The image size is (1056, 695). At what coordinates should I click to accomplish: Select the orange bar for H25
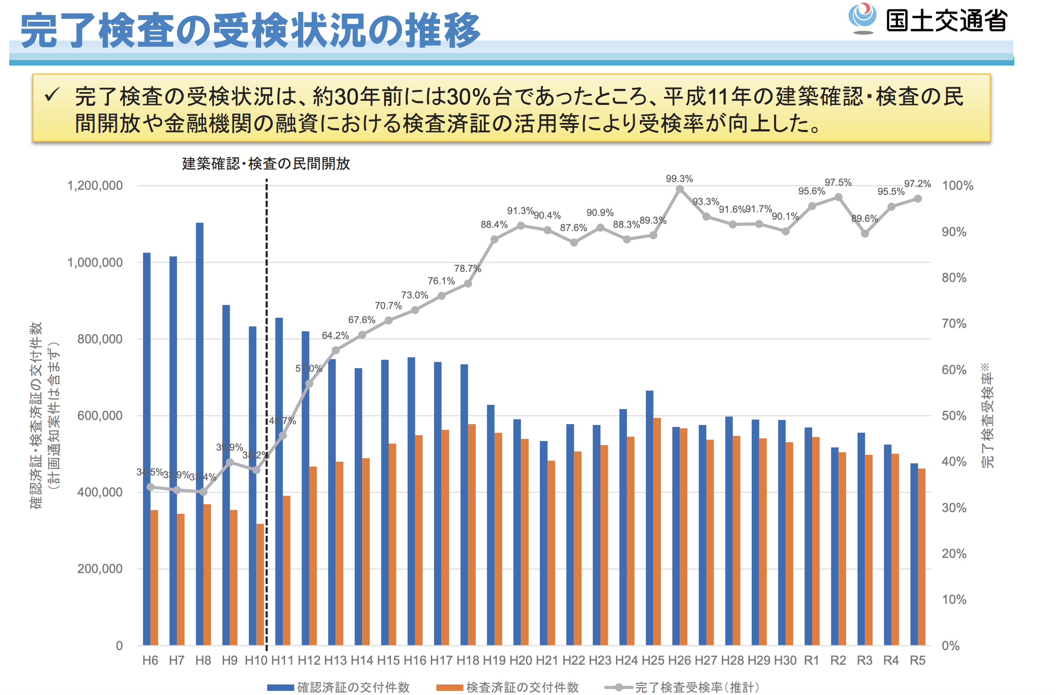[657, 532]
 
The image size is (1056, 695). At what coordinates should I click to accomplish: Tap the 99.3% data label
[679, 179]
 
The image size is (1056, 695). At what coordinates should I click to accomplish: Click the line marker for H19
[494, 239]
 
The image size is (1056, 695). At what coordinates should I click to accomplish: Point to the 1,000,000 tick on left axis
[95, 262]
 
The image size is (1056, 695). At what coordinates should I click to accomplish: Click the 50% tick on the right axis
[954, 416]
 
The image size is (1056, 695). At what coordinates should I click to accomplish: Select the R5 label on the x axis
[917, 660]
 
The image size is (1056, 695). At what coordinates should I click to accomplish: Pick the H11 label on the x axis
[282, 660]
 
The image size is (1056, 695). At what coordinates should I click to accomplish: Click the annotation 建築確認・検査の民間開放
[266, 164]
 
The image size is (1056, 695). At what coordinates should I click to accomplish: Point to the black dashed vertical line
[266, 321]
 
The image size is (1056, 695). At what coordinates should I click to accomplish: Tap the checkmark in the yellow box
[52, 95]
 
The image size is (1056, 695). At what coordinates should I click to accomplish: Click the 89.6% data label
[864, 219]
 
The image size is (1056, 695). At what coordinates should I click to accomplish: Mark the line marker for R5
[918, 199]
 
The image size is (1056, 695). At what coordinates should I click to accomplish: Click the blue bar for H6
[147, 449]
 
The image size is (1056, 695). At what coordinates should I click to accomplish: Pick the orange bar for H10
[260, 585]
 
